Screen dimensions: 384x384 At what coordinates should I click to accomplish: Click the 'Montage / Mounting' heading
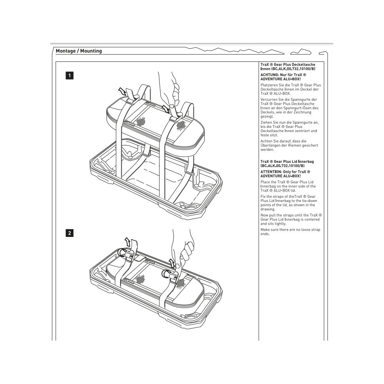[x=79, y=51]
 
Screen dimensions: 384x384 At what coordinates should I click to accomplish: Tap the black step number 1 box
[x=69, y=76]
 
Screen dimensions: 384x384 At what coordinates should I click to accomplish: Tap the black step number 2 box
[x=69, y=233]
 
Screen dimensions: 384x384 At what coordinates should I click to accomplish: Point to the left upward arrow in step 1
[x=122, y=91]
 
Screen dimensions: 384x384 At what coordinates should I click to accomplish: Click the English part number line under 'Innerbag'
[x=282, y=166]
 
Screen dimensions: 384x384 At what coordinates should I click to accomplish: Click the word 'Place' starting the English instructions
[x=265, y=182]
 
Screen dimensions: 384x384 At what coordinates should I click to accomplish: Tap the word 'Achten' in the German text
[x=266, y=141]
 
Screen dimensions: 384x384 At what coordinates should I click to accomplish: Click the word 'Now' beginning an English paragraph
[x=264, y=215]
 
